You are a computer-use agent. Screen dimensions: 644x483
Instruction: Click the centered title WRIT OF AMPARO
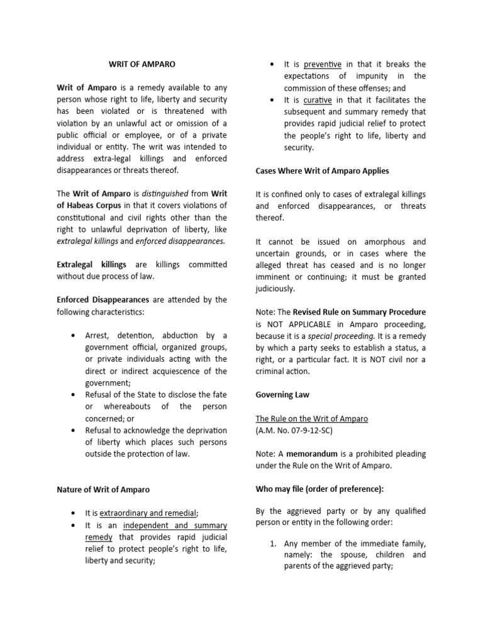(142, 64)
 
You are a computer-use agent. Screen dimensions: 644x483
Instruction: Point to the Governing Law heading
(282, 395)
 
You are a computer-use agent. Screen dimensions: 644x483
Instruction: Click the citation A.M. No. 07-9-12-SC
(294, 430)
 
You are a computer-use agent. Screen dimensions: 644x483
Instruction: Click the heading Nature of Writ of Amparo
(103, 489)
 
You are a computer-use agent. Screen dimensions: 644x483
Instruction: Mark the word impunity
(374, 76)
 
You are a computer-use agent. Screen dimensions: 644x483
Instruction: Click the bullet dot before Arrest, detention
(75, 336)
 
